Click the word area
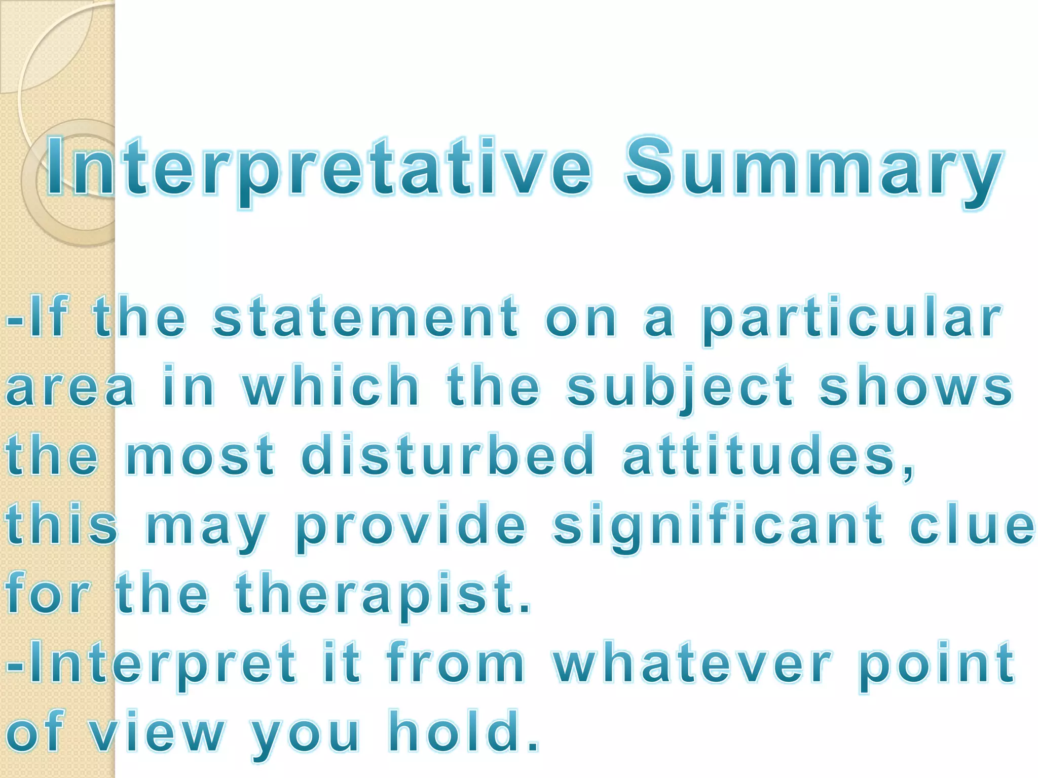click(x=70, y=388)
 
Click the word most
click(x=200, y=456)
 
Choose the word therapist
click(x=383, y=594)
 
